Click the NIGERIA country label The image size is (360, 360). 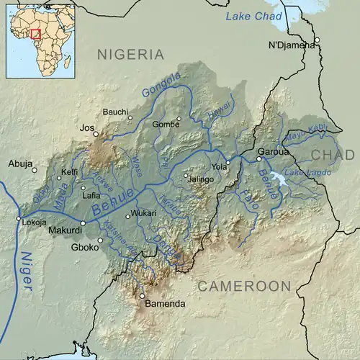[131, 54]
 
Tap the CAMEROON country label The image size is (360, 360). [244, 286]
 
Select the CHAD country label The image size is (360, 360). [333, 155]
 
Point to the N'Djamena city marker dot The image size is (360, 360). [315, 40]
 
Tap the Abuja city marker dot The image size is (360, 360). [35, 170]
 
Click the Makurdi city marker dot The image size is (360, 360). [83, 223]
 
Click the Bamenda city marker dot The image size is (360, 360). [142, 295]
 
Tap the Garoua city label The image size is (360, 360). [274, 152]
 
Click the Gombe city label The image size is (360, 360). [165, 125]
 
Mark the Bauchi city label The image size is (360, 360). [115, 112]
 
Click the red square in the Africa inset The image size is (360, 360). [35, 34]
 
